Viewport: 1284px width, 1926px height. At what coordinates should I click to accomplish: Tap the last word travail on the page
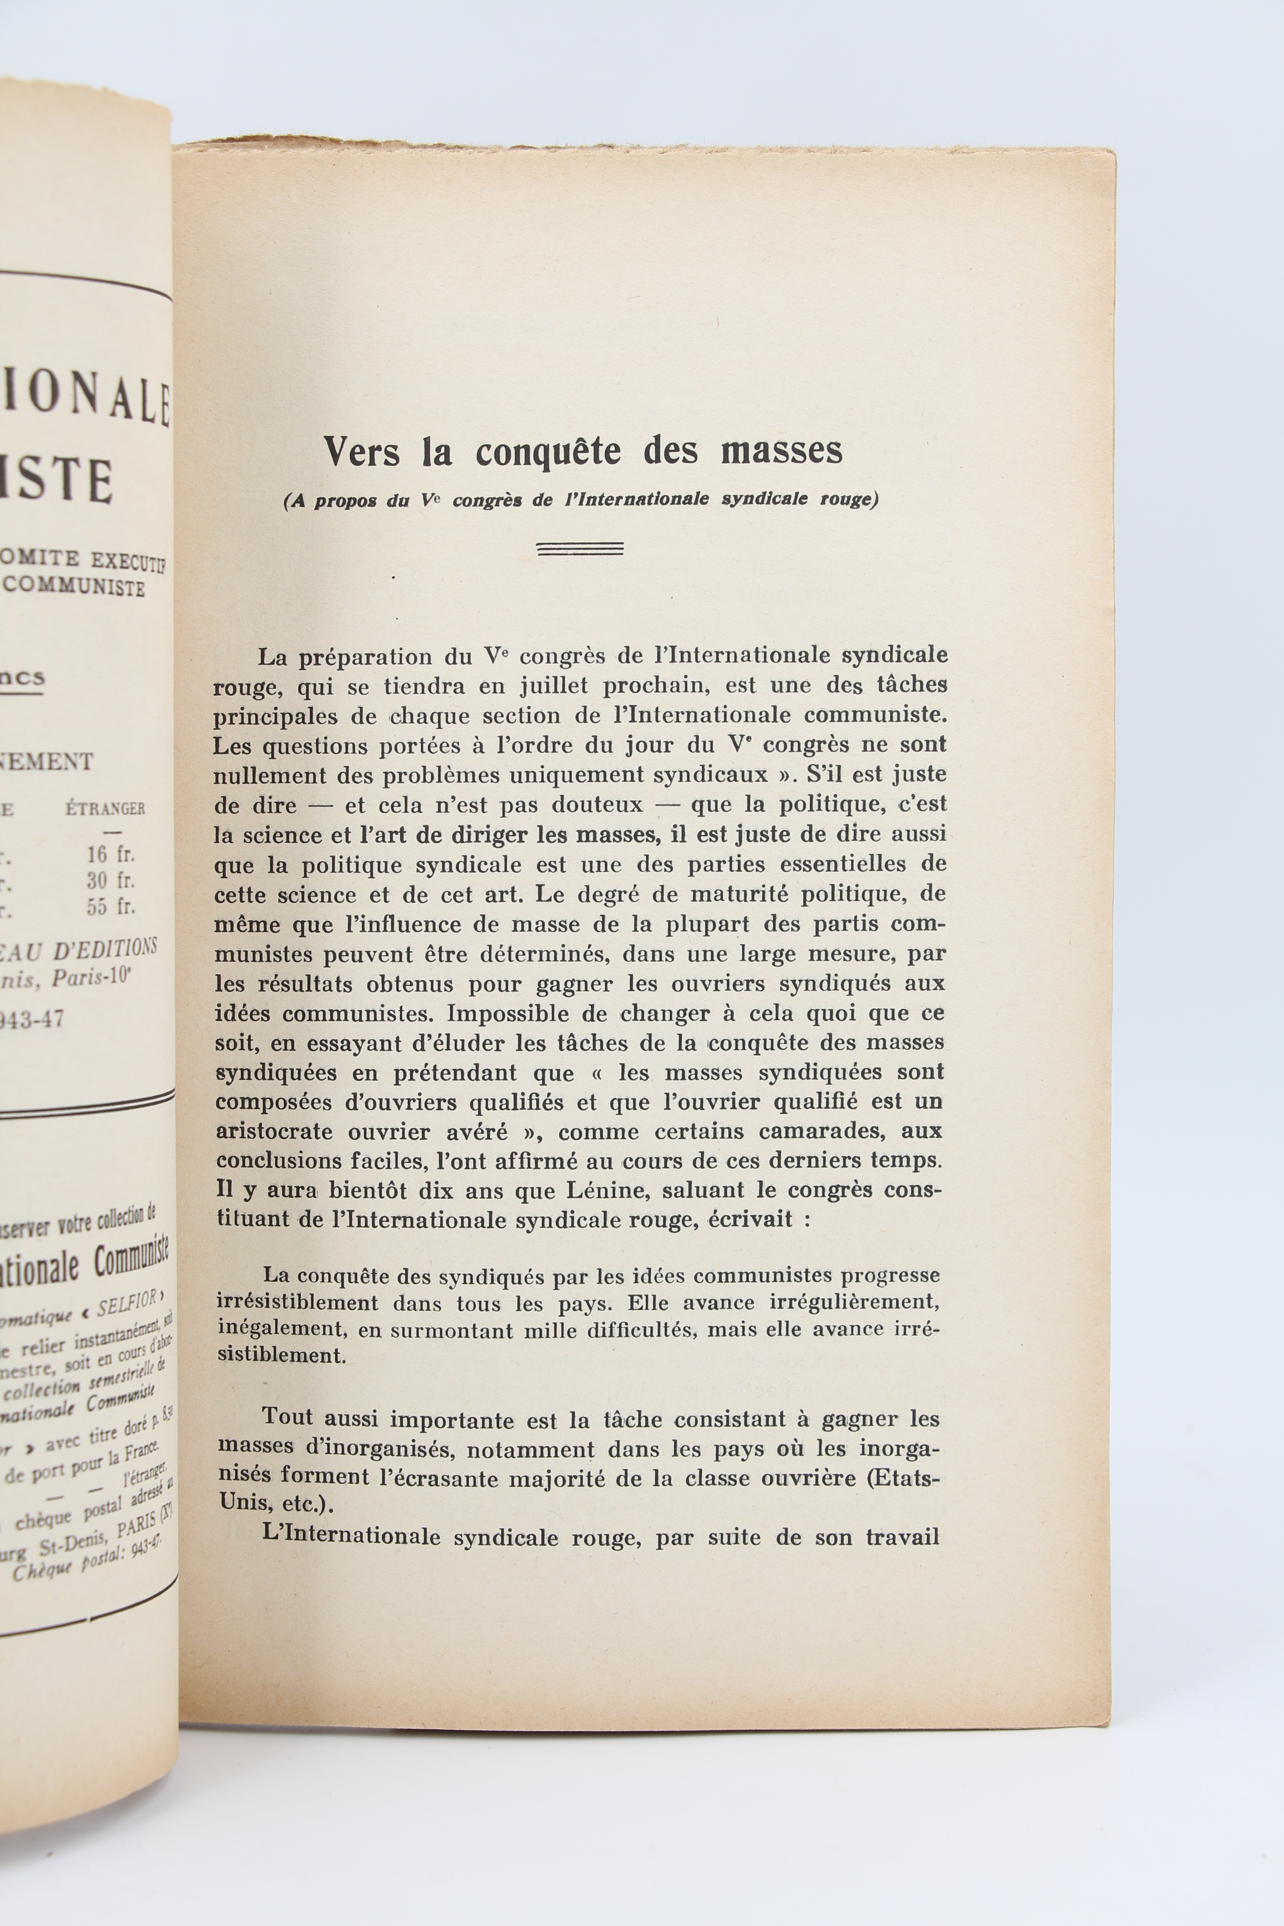tap(902, 1536)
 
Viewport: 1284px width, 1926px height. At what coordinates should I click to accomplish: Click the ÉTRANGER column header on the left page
tap(105, 809)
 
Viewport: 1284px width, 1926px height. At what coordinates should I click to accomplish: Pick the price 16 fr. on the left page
tap(110, 854)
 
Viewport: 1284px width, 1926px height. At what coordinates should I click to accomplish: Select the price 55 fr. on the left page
tap(110, 907)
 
